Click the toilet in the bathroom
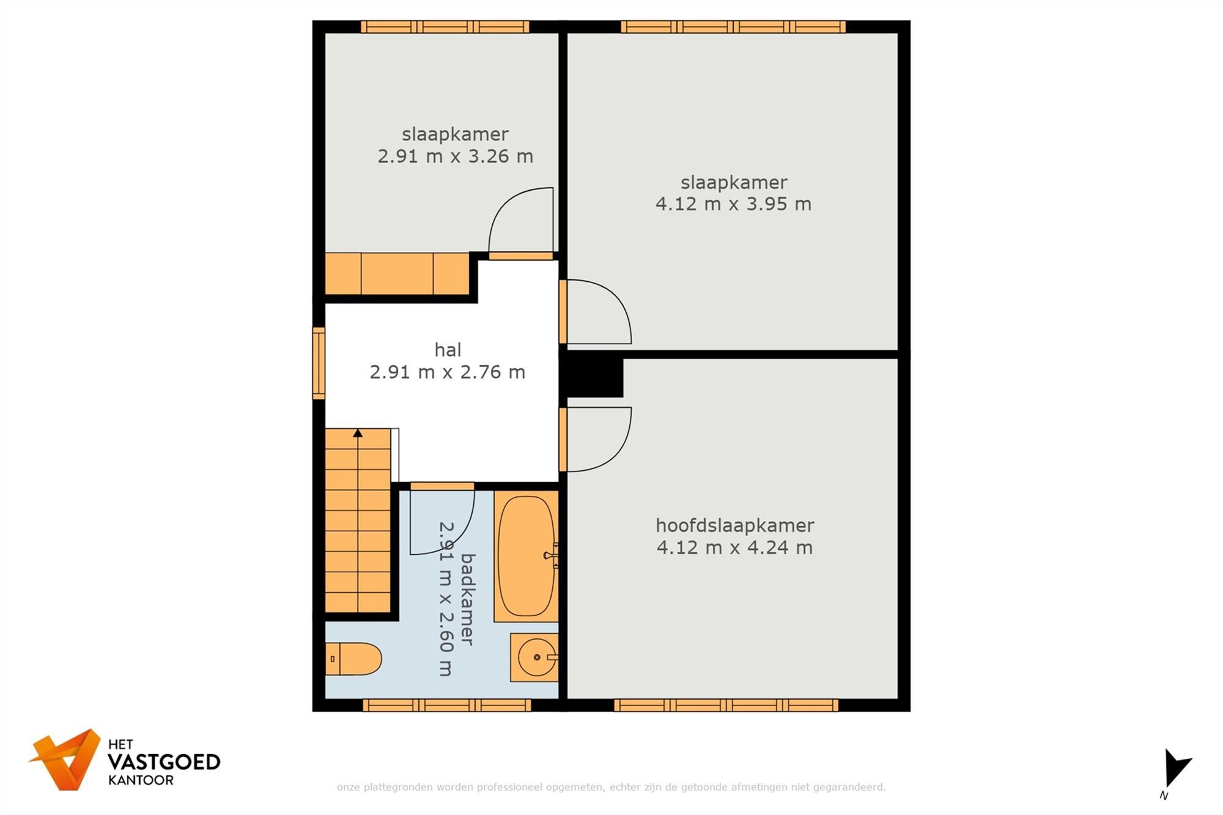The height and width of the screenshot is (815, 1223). point(353,659)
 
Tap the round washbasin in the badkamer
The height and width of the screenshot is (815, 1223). point(537,657)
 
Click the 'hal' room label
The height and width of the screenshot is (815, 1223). point(448,350)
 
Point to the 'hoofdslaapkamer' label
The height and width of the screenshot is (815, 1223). point(734,525)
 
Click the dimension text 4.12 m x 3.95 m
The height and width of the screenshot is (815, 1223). point(733,204)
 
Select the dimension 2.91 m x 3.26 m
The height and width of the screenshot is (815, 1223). point(455,157)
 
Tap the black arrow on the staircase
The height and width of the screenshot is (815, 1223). point(358,433)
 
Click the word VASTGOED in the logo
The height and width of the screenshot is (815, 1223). point(164,762)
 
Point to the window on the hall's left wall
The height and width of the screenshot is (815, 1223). point(319,363)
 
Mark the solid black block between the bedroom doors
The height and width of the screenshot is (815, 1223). point(592,377)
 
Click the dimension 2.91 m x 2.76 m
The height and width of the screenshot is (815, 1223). point(448,372)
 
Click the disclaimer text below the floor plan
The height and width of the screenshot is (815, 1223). point(611,787)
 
